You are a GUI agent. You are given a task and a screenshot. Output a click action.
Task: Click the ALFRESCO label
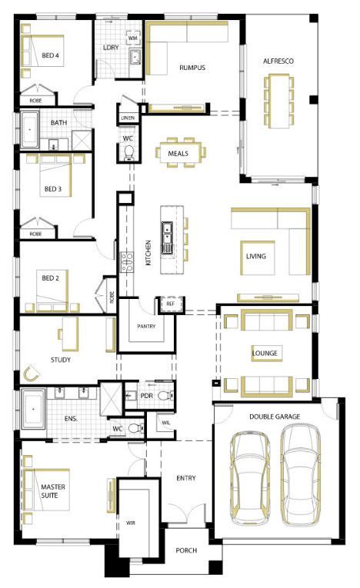[278, 61]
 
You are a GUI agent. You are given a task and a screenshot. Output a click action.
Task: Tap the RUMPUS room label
[192, 68]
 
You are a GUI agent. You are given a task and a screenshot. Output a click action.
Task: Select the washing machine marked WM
[133, 38]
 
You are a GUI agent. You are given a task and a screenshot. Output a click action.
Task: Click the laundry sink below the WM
[135, 57]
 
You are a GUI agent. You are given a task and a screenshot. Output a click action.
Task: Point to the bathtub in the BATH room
[29, 129]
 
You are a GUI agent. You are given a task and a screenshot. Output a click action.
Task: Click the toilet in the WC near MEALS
[128, 152]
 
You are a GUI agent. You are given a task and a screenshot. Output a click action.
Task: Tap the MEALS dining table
[178, 153]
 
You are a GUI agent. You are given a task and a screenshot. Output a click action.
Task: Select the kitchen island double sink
[167, 238]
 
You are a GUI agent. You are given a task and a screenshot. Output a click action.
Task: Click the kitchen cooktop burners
[126, 261]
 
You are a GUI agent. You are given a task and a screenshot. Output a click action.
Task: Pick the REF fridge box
[171, 304]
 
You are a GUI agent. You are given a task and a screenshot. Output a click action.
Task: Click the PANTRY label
[146, 326]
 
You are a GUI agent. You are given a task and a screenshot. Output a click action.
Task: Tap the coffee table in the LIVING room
[257, 257]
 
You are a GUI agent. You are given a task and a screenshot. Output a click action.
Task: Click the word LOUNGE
[265, 353]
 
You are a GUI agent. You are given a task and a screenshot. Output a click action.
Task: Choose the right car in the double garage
[301, 475]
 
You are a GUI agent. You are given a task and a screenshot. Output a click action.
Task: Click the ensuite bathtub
[33, 409]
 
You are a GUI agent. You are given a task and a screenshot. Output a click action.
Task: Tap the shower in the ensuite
[111, 398]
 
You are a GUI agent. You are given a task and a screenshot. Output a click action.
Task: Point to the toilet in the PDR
[165, 395]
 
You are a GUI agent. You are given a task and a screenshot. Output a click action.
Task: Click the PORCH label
[186, 550]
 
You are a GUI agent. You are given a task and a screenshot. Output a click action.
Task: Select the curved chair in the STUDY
[32, 373]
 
